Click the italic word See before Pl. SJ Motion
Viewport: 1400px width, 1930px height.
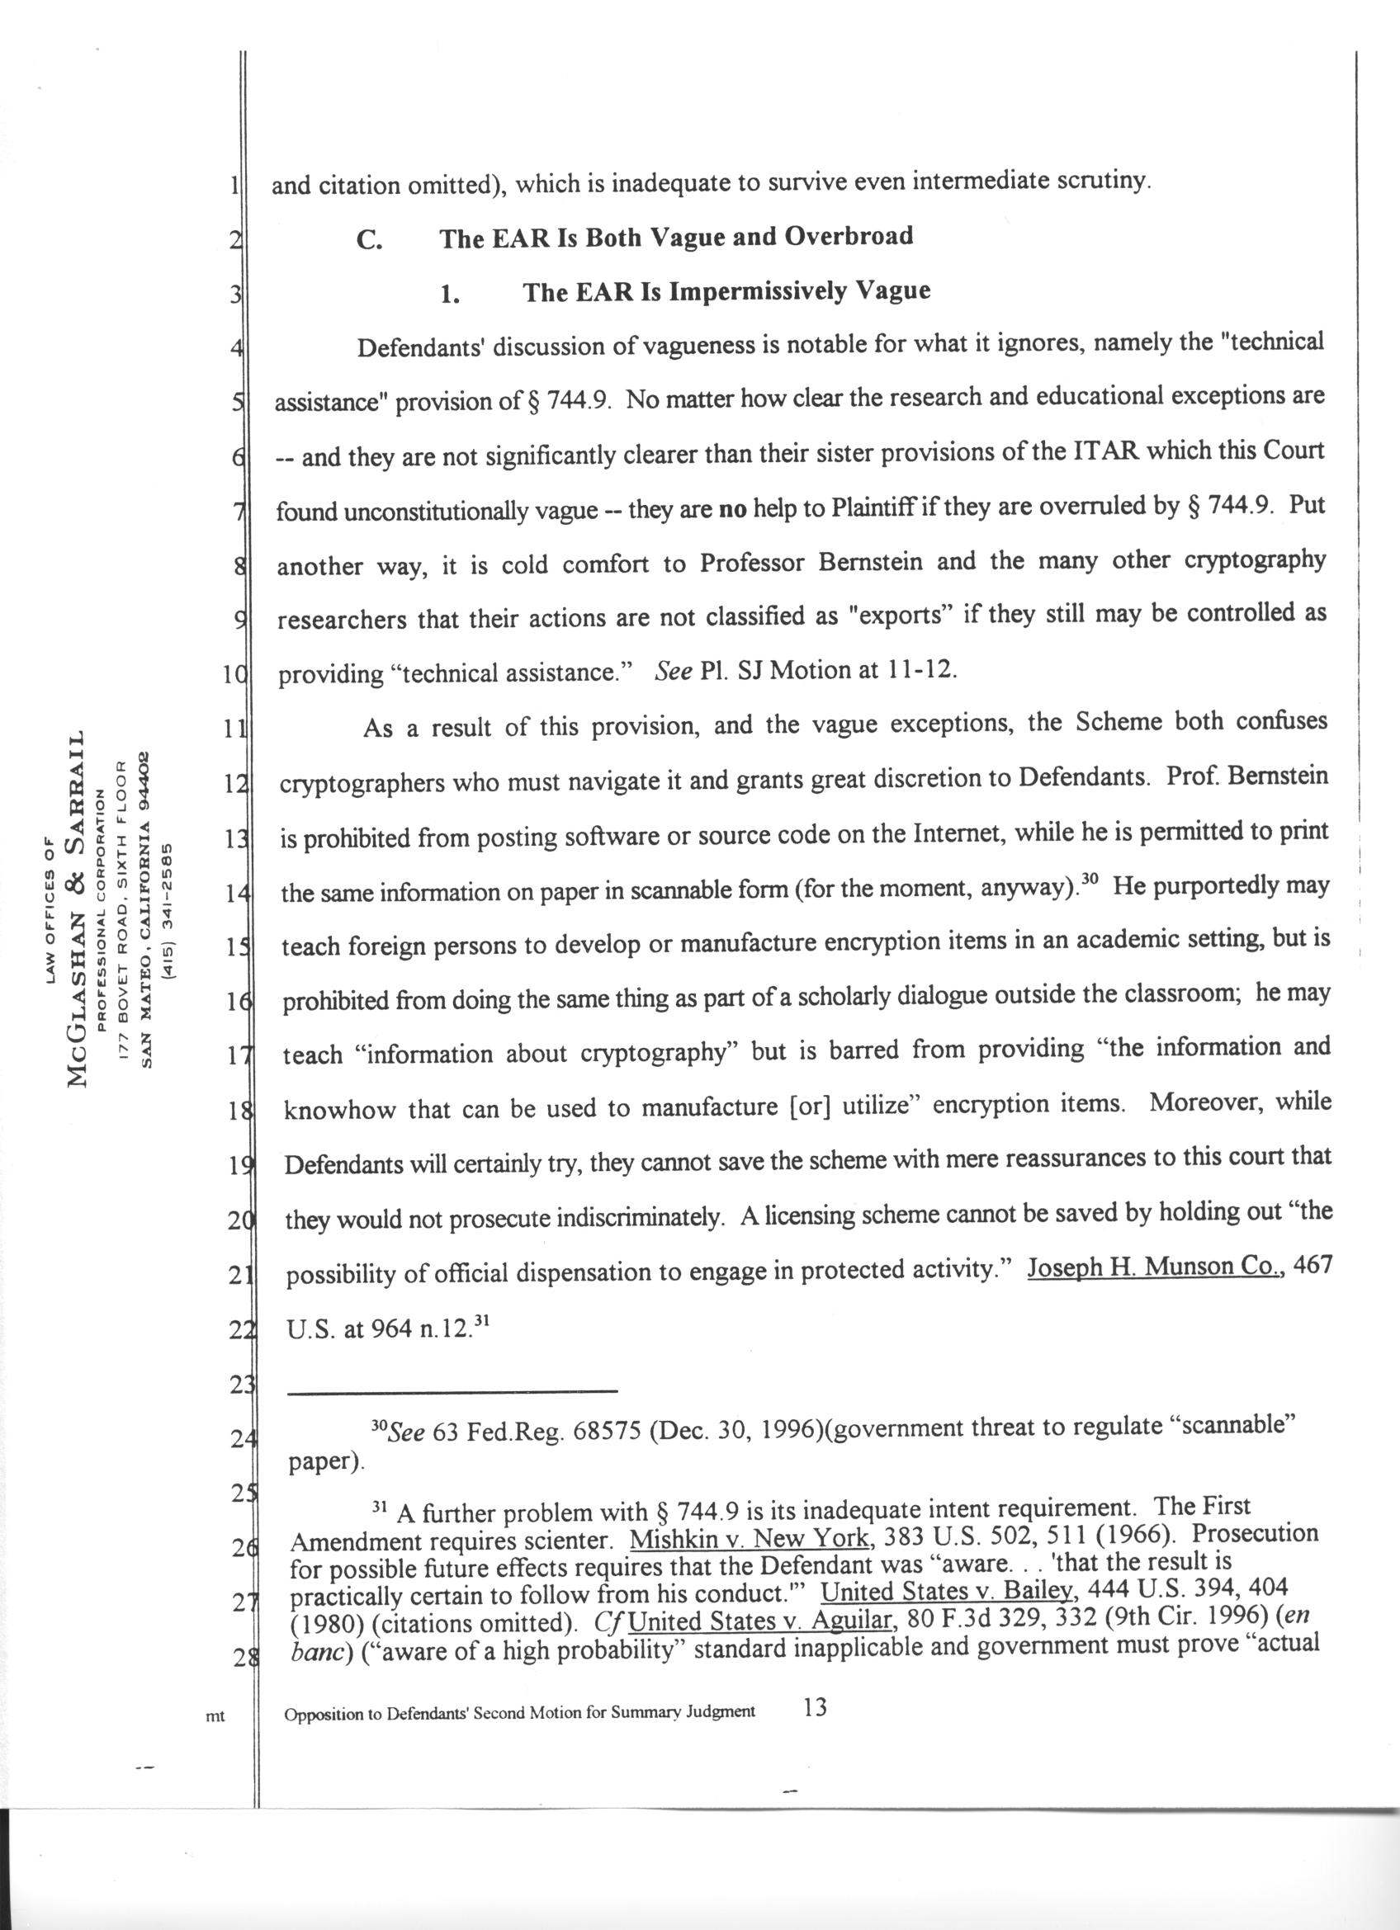click(674, 671)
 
